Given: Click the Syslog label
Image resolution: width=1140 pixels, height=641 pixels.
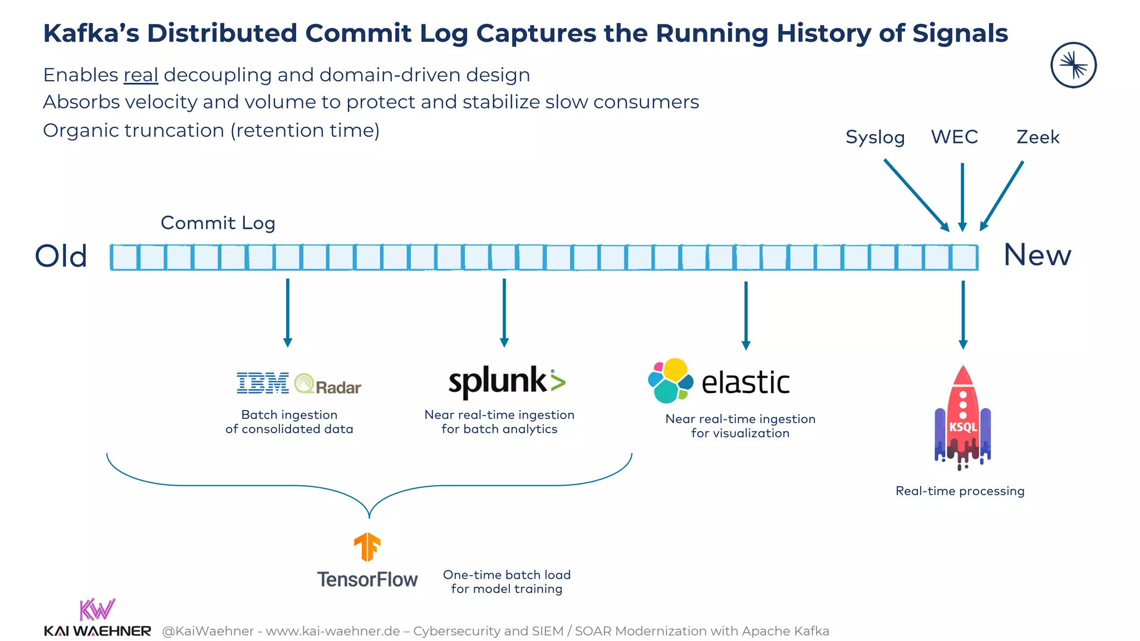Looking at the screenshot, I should [x=874, y=137].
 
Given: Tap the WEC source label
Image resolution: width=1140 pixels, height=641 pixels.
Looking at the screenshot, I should [x=954, y=137].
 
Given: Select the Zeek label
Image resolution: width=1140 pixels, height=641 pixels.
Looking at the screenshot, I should [x=1038, y=137].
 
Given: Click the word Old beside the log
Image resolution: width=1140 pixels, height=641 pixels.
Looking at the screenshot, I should [x=61, y=257].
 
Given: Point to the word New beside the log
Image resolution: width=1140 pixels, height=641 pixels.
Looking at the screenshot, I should [x=1037, y=255].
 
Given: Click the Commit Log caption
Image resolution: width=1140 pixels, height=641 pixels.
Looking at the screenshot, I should [x=218, y=223].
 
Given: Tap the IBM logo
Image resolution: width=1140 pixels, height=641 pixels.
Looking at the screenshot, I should [x=263, y=383].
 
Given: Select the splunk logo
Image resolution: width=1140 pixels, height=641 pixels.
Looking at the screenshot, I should [x=507, y=382].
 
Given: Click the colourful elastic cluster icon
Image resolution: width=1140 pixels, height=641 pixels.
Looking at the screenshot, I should [x=670, y=381].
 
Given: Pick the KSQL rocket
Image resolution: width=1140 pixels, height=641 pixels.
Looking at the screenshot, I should [x=963, y=417].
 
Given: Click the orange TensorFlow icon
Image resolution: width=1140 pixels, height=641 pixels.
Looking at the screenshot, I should [x=367, y=546].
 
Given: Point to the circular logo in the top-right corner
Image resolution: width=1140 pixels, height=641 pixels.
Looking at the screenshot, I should [x=1073, y=66].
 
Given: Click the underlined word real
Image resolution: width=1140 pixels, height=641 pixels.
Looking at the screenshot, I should [x=141, y=75].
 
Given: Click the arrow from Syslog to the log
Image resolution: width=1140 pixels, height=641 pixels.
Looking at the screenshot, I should [x=916, y=195].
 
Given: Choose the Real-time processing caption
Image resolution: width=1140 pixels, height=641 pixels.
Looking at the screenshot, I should [x=960, y=491].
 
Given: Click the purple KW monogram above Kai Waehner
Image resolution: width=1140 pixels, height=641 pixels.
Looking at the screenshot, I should [x=97, y=610].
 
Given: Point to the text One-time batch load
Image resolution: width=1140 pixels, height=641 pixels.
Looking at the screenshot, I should [x=507, y=575].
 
